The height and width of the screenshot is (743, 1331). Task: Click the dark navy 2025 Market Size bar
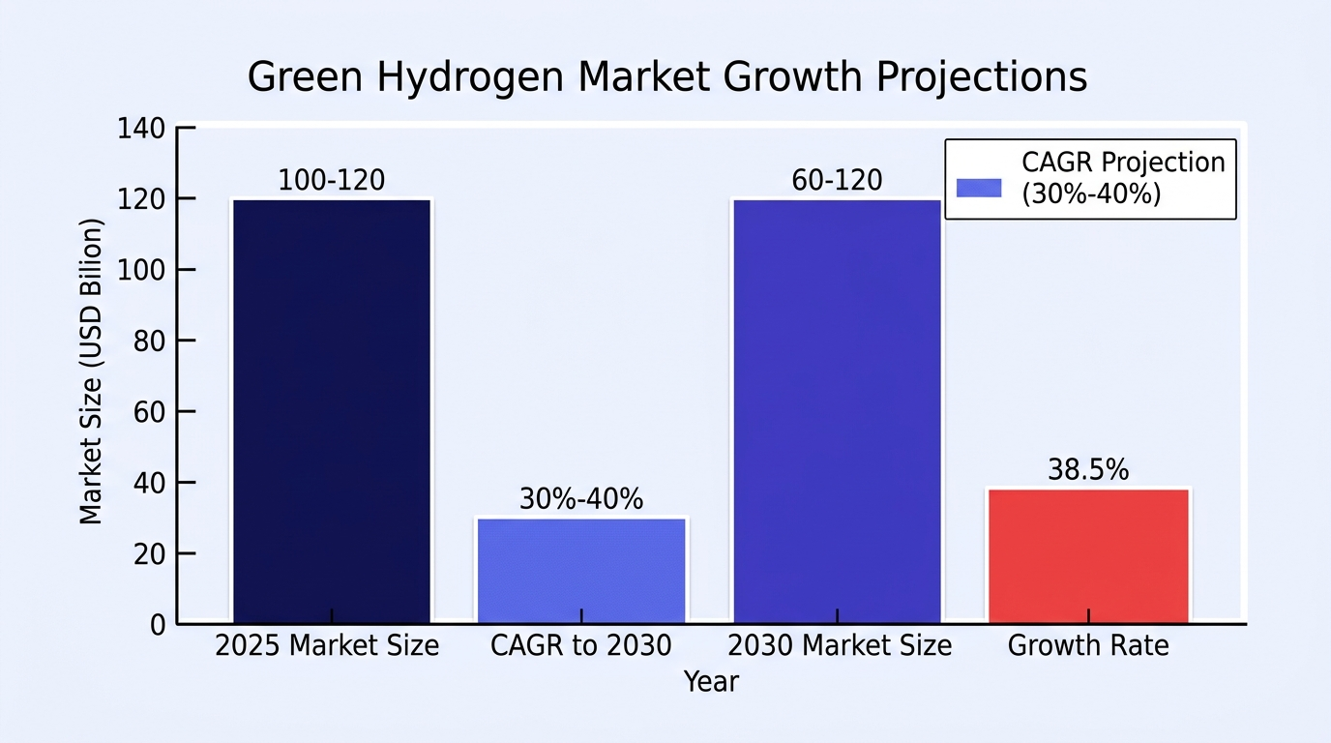332,411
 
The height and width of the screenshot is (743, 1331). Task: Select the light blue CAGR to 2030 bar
581,571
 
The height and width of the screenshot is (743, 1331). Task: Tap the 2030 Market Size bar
838,411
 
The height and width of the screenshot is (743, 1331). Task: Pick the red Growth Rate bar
1088,556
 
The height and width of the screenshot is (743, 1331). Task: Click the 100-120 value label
332,180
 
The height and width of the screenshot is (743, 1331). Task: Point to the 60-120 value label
838,180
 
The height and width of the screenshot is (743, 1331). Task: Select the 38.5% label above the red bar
1088,469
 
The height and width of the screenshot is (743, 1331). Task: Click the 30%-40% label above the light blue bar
581,498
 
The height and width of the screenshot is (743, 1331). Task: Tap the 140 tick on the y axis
141,129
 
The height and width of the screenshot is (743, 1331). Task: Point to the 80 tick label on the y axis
149,342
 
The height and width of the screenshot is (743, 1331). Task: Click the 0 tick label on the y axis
158,625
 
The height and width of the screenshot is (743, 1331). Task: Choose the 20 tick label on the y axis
149,554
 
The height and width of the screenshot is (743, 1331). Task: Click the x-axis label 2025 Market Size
327,645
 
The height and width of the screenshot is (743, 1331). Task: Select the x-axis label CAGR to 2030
581,645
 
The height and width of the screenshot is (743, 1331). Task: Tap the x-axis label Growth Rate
1088,645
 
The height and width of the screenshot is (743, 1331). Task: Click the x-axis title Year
711,681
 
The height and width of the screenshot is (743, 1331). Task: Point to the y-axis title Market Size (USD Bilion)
91,371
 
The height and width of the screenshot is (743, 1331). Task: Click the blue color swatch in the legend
979,188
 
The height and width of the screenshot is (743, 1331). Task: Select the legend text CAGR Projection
1124,162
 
